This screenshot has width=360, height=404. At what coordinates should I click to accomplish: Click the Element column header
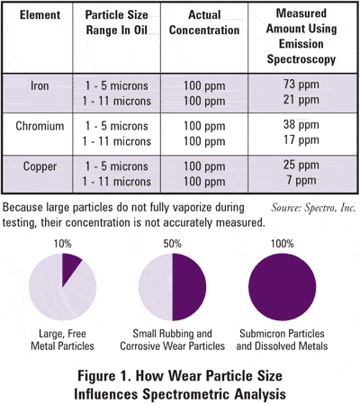[x=40, y=15]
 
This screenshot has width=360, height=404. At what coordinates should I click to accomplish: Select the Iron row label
[x=40, y=86]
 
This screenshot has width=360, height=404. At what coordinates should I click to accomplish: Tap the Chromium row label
[x=40, y=126]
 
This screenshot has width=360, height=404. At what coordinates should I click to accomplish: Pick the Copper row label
[x=40, y=166]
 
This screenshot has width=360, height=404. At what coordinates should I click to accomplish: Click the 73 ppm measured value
[x=301, y=85]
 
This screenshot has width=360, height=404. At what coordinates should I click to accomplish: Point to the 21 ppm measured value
[x=301, y=100]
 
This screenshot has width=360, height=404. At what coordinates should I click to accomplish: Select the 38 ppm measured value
[x=301, y=125]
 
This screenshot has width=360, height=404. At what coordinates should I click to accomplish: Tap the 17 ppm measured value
[x=301, y=140]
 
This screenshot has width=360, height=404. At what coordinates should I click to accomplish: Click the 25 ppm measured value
[x=301, y=166]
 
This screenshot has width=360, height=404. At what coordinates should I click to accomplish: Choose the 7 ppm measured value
[x=301, y=181]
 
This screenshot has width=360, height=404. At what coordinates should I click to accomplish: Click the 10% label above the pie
[x=62, y=244]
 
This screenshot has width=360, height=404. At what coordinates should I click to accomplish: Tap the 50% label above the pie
[x=173, y=244]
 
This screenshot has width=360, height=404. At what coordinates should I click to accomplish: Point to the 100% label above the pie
[x=283, y=244]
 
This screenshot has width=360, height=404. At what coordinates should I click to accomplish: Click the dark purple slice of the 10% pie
[x=69, y=266]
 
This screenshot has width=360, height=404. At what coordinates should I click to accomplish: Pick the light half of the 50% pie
[x=156, y=287]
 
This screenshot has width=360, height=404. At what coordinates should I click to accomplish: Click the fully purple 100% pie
[x=283, y=287]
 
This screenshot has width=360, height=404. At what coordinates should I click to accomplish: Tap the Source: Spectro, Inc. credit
[x=313, y=208]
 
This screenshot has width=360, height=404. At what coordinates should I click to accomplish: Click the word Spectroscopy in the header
[x=301, y=59]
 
